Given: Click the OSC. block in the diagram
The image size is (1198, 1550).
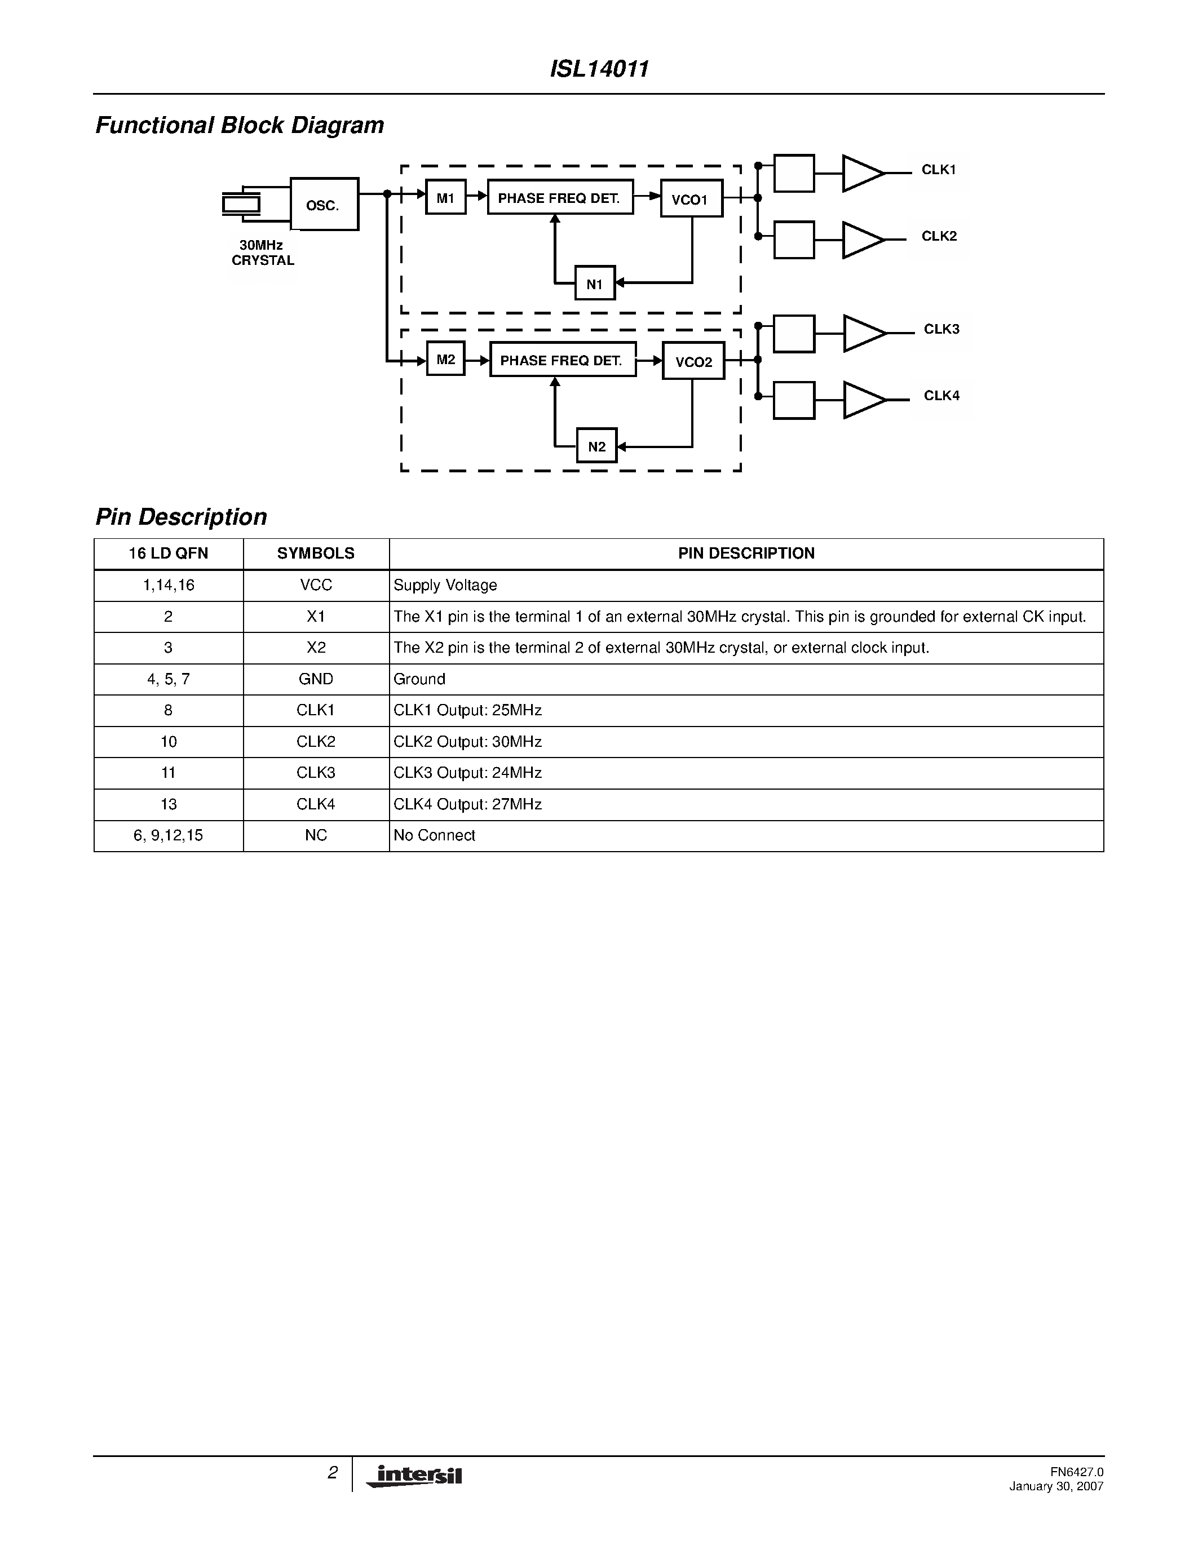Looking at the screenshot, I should pyautogui.click(x=324, y=205).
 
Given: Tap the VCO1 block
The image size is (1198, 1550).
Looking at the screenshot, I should pyautogui.click(x=691, y=199).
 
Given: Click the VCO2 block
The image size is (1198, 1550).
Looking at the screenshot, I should pyautogui.click(x=693, y=361).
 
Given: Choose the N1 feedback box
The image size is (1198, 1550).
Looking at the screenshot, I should pyautogui.click(x=595, y=283).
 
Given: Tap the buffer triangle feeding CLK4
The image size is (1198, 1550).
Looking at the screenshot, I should pyautogui.click(x=864, y=400).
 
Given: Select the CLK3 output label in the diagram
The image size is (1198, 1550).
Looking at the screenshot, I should pyautogui.click(x=941, y=329).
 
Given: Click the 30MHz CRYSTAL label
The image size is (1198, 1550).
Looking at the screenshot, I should pyautogui.click(x=262, y=253).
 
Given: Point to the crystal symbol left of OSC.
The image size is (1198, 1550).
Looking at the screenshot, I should pyautogui.click(x=241, y=205).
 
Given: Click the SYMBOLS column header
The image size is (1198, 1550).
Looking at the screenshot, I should pyautogui.click(x=316, y=553).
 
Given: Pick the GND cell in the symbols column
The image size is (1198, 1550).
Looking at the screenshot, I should pyautogui.click(x=316, y=679).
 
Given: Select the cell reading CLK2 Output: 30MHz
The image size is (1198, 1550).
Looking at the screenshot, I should pyautogui.click(x=468, y=742).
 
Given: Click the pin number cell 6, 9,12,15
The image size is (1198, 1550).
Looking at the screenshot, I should pyautogui.click(x=168, y=835).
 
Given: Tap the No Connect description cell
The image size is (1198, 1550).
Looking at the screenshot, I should pyautogui.click(x=434, y=835).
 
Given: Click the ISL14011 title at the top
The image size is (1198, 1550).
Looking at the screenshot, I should pyautogui.click(x=599, y=69).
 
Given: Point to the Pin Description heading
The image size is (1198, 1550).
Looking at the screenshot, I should pyautogui.click(x=181, y=517).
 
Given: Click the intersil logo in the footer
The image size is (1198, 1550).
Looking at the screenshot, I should pyautogui.click(x=414, y=1476).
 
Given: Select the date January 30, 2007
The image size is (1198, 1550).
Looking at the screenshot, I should pyautogui.click(x=1056, y=1486).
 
